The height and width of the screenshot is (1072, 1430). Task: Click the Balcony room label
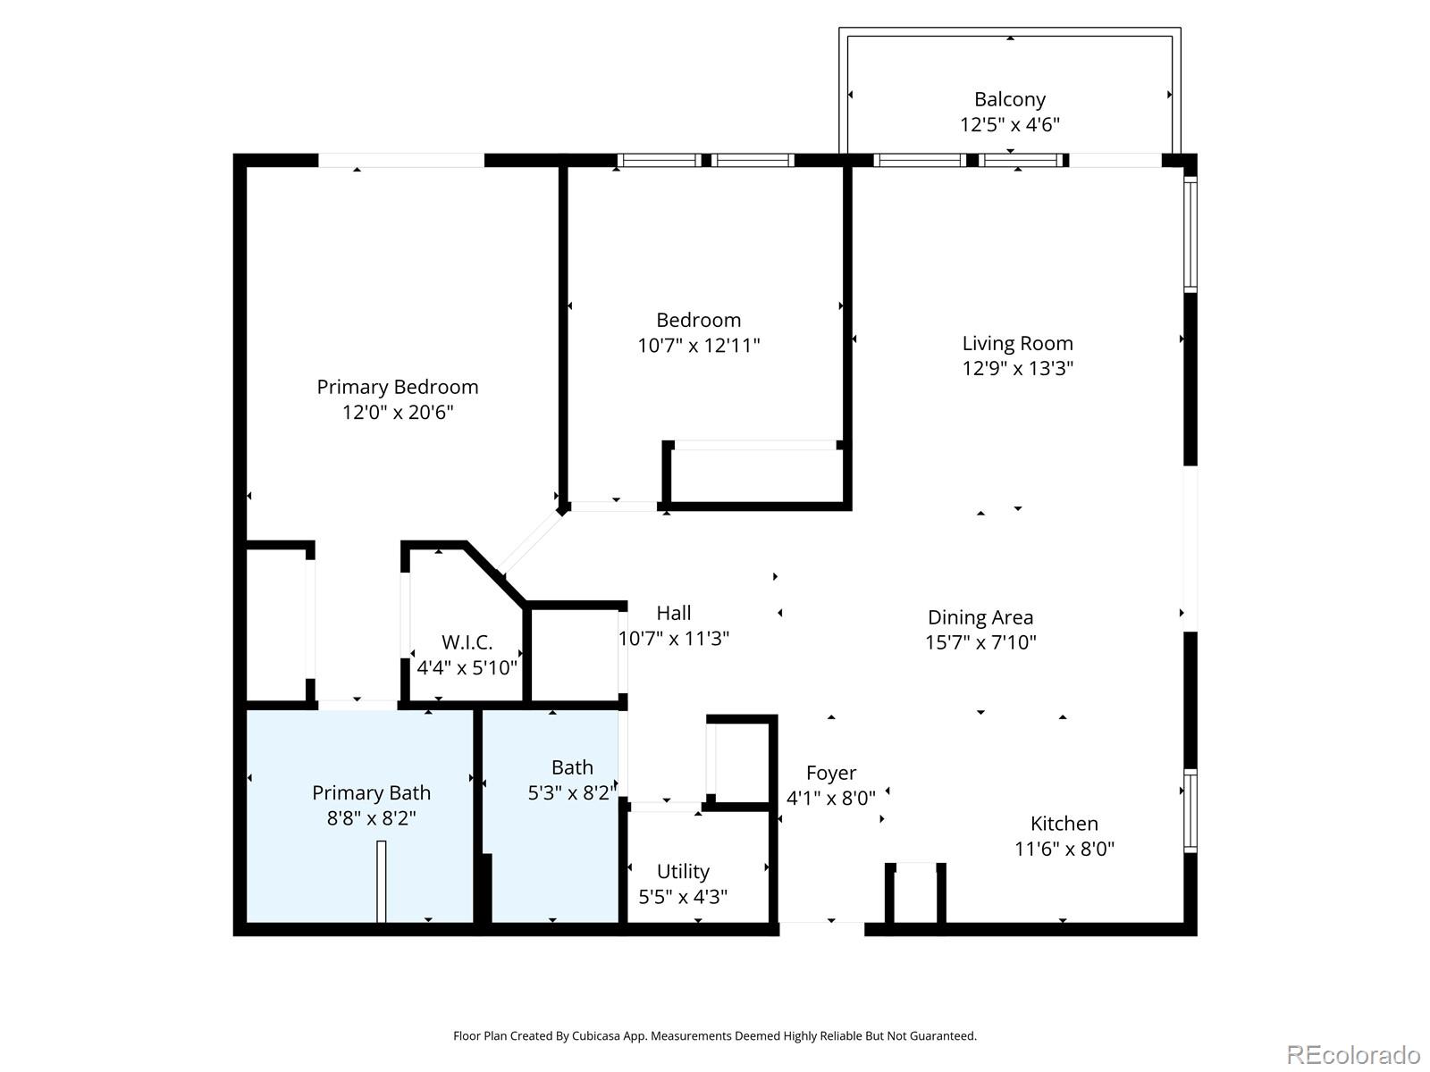coord(1009,99)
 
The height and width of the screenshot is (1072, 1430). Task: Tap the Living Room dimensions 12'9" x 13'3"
coord(1017,368)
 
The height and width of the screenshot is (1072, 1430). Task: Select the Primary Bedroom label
coord(397,387)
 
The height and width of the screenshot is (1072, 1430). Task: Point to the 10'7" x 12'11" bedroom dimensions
coord(698,345)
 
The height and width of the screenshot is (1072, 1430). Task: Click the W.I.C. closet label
coord(467,642)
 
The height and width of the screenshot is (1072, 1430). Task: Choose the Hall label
coord(673,613)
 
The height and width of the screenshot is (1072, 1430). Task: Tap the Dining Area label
coord(980,617)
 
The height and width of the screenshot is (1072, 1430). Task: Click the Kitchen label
coord(1064,824)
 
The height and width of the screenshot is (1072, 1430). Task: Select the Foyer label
coord(830,773)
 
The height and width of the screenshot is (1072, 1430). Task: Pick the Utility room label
coord(683,871)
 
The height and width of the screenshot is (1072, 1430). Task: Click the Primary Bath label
coord(371,792)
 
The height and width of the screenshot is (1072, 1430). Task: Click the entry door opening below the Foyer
coord(821,928)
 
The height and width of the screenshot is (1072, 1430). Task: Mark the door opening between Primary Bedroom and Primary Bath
coord(357,705)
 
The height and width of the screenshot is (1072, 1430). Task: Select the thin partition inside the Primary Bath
coord(381,881)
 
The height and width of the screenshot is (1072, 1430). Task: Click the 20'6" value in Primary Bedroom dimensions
coord(433,412)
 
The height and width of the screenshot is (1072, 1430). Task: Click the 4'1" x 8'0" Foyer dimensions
coord(830,798)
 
